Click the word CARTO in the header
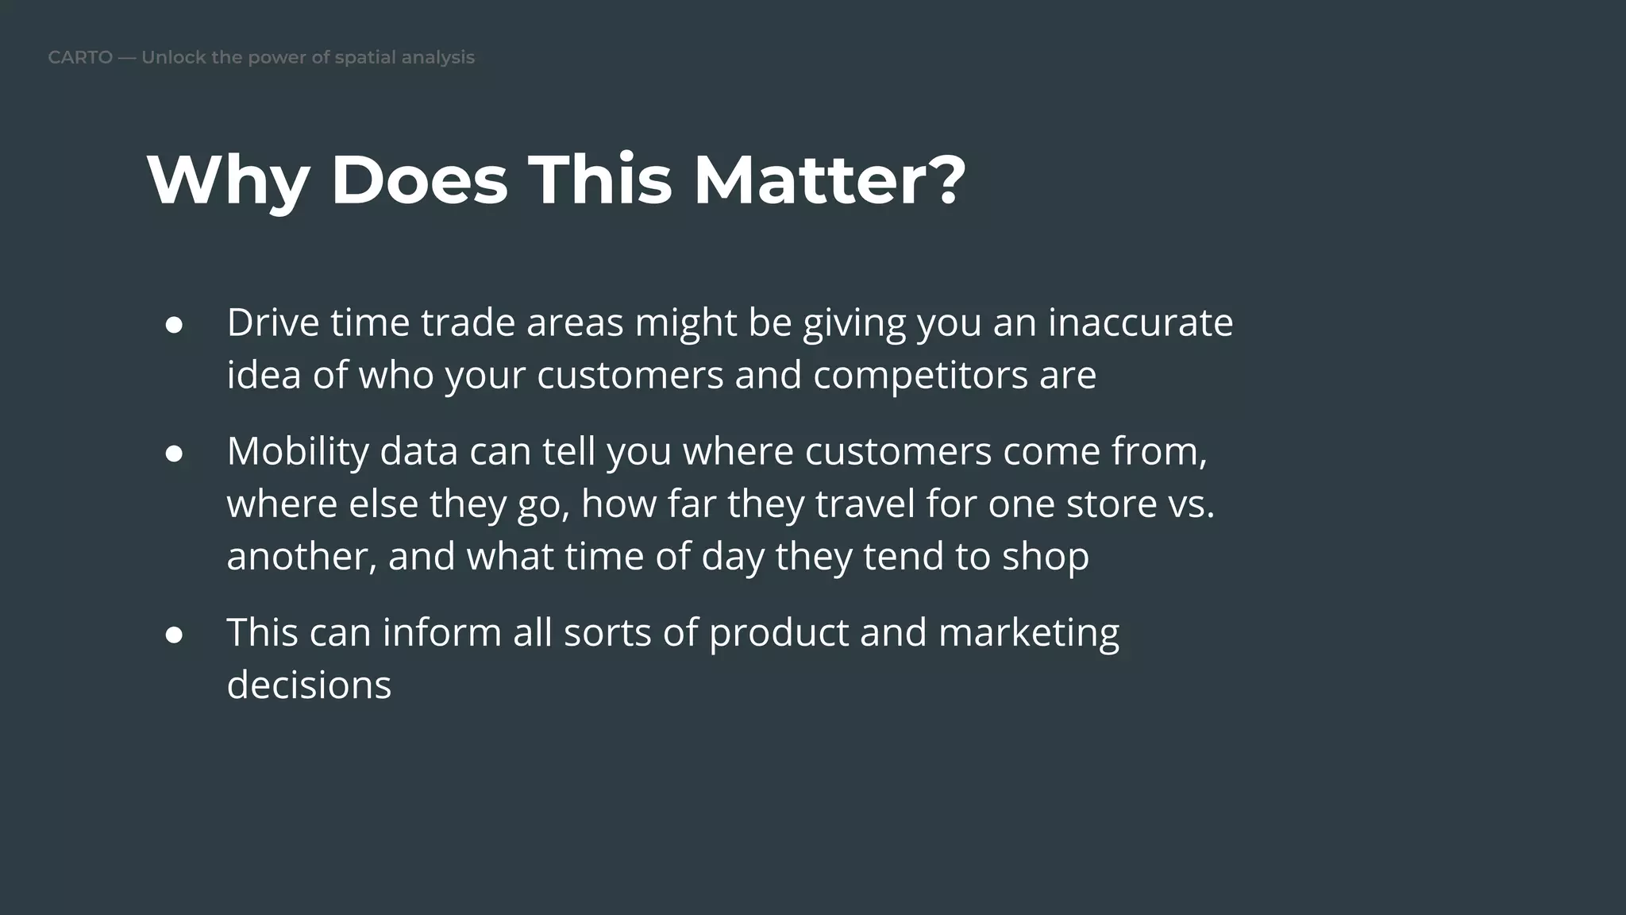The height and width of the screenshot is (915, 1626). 80,58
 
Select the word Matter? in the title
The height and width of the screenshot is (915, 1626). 830,181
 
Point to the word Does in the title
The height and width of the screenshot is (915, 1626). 419,181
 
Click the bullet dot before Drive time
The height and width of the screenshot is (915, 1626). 175,326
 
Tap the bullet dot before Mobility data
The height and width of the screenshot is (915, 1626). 175,454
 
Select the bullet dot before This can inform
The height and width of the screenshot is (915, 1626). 175,635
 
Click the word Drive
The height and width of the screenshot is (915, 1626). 273,322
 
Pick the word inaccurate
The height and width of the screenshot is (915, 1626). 1140,322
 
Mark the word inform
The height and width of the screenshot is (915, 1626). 441,633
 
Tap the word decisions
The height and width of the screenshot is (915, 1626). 309,685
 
